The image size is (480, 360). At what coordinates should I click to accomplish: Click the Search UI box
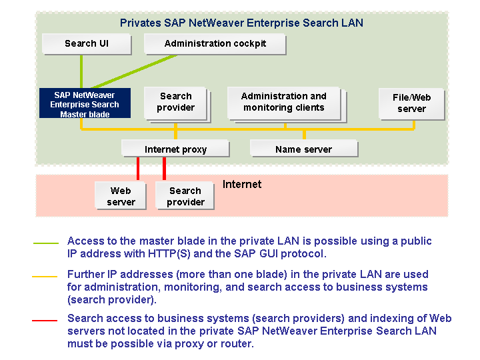pos(86,44)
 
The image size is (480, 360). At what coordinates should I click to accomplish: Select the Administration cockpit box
pos(215,44)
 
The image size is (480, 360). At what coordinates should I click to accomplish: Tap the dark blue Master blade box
pos(84,105)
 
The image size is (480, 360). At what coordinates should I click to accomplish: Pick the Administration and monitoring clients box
pos(283,102)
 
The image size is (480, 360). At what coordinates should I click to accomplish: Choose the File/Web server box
pos(411,103)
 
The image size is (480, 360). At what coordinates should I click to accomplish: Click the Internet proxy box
pos(175,149)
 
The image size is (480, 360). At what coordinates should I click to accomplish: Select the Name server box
pos(303,149)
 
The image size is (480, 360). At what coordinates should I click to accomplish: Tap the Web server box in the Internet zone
pos(120,196)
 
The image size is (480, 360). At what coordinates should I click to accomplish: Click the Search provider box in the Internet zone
pos(185,196)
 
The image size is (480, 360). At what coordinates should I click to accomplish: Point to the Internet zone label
pos(242,185)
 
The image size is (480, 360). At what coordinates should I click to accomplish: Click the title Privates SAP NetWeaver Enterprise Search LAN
pos(241,23)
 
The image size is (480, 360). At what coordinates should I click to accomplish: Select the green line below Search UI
pos(81,71)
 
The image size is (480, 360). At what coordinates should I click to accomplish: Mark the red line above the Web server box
pos(138,169)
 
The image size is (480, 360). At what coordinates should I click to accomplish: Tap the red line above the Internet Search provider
pos(165,169)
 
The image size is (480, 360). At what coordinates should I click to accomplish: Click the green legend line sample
pos(45,243)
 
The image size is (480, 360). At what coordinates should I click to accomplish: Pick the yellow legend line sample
pos(45,276)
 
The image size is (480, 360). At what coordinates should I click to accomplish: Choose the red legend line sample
pos(45,321)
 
